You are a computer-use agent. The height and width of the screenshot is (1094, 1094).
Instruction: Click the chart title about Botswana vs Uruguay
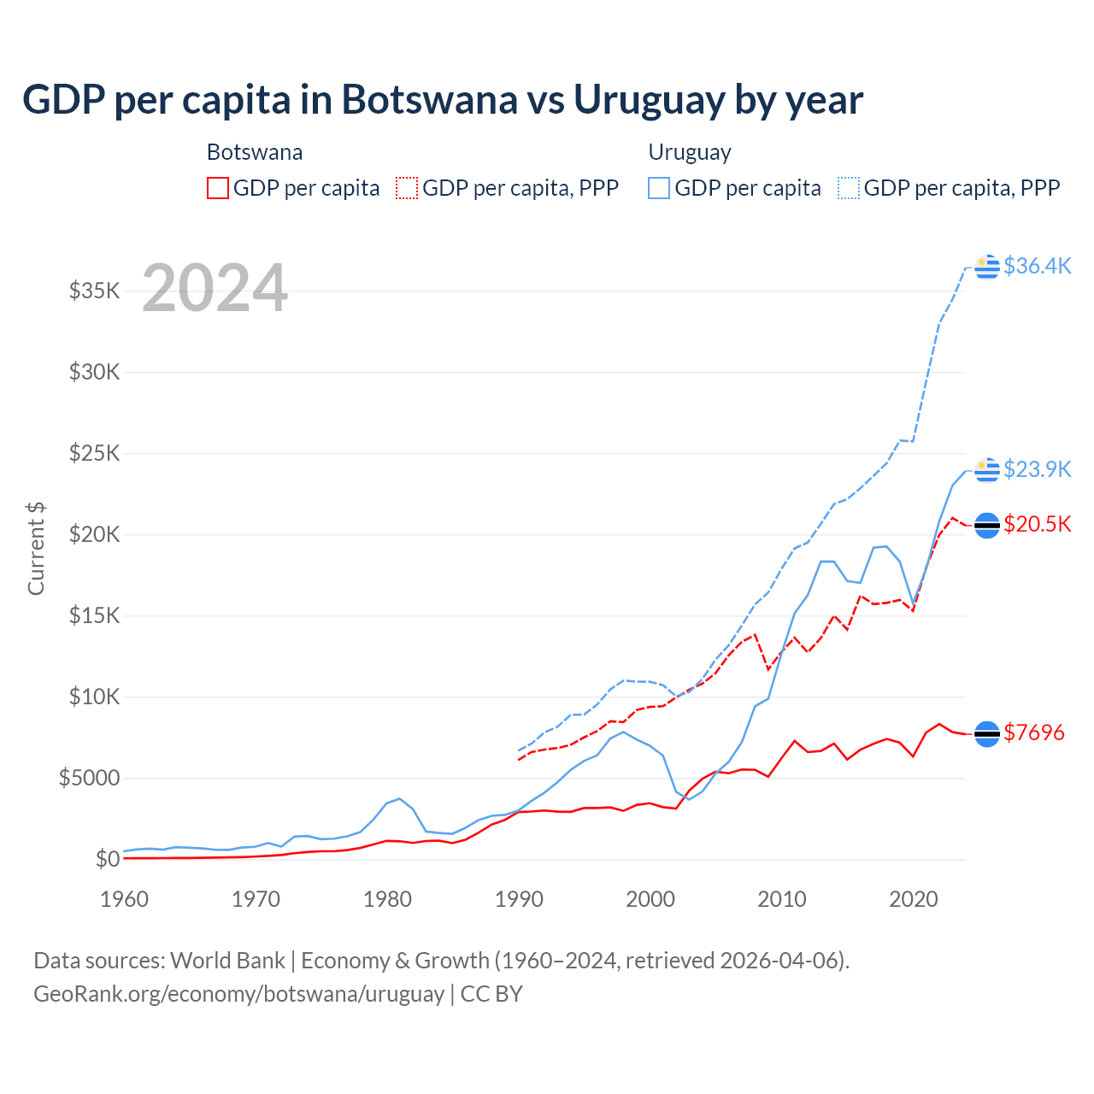coord(443,100)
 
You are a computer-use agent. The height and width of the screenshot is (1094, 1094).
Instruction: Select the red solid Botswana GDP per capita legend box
coord(218,188)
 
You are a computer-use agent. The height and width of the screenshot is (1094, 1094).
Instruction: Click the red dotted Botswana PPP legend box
coord(408,188)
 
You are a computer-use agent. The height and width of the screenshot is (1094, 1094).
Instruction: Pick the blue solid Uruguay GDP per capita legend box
coord(659,188)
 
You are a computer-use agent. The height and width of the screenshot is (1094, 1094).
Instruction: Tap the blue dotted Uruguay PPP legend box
coord(849,188)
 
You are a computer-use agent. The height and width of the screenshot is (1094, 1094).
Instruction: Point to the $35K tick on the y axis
coord(95,291)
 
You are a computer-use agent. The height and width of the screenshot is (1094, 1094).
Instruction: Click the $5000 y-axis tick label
coord(89,778)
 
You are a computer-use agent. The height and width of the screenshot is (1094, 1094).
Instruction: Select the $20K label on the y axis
coord(95,534)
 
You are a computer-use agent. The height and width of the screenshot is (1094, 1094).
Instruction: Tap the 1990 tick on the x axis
coord(519,899)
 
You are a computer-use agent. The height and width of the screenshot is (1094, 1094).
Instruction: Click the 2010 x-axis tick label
coord(782,899)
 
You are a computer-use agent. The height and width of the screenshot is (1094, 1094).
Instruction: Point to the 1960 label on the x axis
coord(125,899)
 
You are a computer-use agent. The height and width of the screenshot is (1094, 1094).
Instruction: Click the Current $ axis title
coord(36,549)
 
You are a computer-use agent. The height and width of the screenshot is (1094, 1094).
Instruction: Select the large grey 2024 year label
coord(215,289)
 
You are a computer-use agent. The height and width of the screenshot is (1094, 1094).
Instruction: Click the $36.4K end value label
coord(1037,266)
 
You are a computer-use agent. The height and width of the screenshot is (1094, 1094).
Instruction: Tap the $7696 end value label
coord(1034,732)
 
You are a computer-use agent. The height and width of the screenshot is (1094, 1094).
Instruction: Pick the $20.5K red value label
coord(1037,524)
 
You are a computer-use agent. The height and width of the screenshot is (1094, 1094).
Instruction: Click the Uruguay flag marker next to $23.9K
coord(987,469)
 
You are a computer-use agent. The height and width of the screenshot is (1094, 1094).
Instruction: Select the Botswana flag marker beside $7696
coord(987,733)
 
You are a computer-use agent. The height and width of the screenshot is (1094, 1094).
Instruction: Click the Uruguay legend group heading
coord(690,152)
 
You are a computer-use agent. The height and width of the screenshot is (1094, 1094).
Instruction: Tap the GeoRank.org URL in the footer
coord(238,994)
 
